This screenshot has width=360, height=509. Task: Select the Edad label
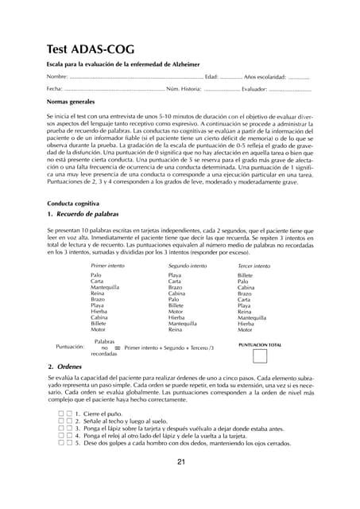coord(211,77)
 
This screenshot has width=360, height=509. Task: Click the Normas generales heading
coord(71,103)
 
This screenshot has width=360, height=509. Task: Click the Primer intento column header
coord(108,264)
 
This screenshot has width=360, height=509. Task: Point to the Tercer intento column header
coord(255,264)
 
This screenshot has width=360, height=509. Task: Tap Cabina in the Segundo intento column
coord(179,293)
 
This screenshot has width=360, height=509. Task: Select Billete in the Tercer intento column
coord(246,274)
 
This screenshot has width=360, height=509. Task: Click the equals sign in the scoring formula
coord(117,348)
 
